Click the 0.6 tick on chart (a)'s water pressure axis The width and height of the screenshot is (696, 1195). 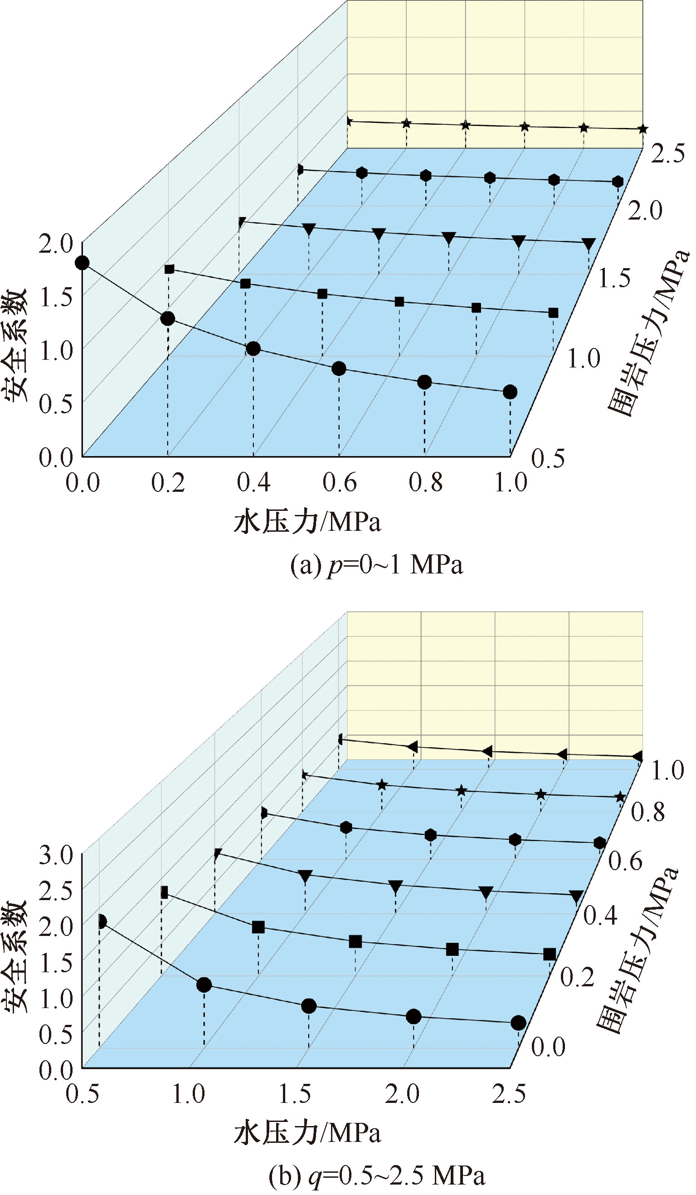click(339, 483)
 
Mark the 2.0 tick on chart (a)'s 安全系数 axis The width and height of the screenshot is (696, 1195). click(55, 245)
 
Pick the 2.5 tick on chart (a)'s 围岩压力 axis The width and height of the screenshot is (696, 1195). click(667, 154)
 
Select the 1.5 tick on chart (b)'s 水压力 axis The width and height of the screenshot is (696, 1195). click(295, 1093)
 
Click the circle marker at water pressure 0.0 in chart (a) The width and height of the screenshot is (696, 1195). click(83, 263)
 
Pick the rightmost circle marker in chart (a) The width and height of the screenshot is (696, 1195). click(510, 392)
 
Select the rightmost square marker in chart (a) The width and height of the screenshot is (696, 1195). click(553, 313)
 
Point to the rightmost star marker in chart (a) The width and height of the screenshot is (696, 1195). click(642, 129)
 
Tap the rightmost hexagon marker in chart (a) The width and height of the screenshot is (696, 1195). click(618, 181)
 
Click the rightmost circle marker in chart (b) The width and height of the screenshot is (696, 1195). click(518, 1023)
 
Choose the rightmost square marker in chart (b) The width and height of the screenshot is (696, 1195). click(549, 954)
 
